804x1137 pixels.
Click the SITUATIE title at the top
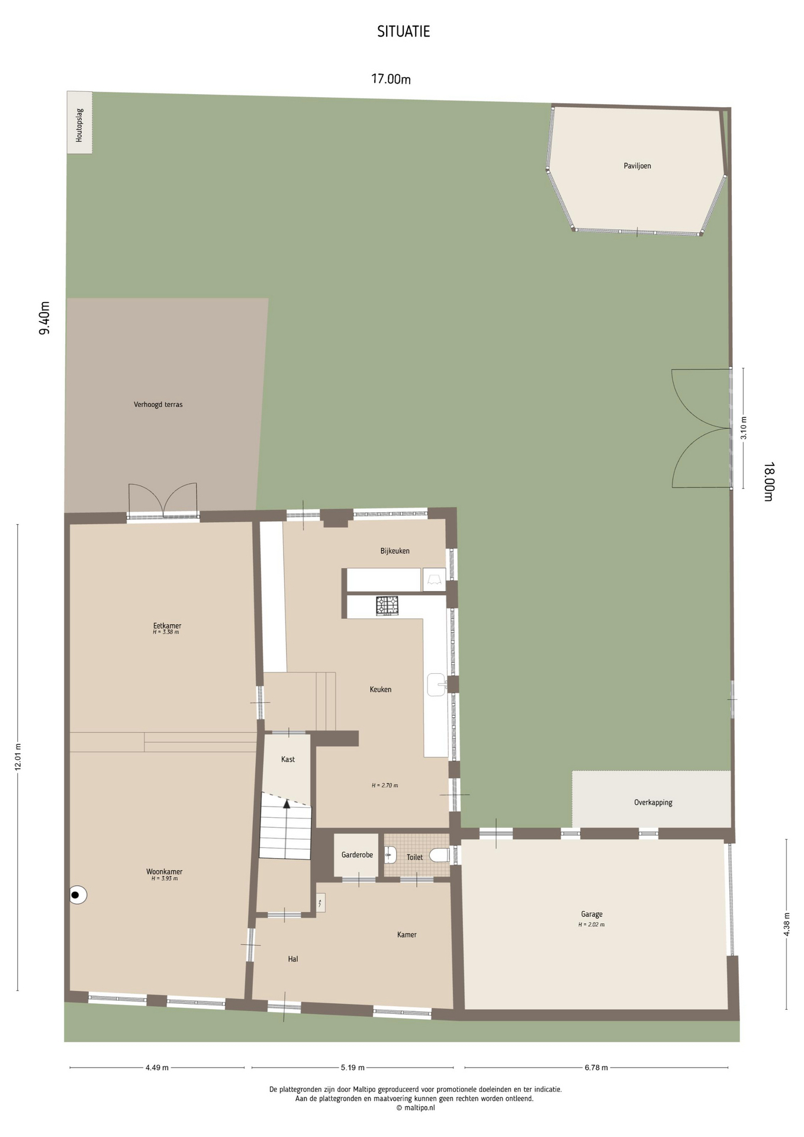click(403, 31)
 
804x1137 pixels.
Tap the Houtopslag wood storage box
click(79, 123)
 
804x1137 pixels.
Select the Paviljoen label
click(637, 166)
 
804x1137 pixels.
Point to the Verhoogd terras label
click(158, 404)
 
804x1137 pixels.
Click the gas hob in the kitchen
click(387, 605)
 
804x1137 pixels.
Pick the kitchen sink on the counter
click(436, 685)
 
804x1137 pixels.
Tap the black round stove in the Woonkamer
click(77, 895)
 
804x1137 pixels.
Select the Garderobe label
click(357, 855)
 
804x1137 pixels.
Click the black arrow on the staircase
click(287, 804)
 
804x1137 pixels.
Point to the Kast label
click(288, 759)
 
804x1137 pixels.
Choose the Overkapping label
click(653, 802)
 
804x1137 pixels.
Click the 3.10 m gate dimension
click(744, 428)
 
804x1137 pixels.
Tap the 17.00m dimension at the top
click(391, 79)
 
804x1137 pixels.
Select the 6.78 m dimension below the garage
click(596, 1068)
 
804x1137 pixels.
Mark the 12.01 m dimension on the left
click(17, 757)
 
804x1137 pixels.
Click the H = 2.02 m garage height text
click(591, 924)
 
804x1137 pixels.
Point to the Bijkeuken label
click(395, 551)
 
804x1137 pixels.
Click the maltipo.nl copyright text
click(416, 1108)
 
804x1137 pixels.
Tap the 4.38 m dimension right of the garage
click(787, 924)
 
